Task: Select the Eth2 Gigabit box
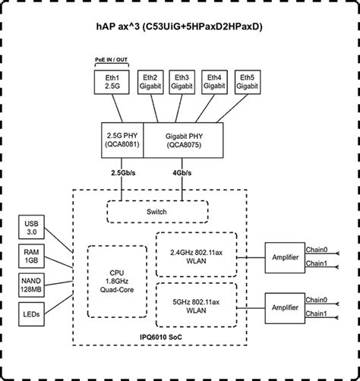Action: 150,83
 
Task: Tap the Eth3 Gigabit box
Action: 182,83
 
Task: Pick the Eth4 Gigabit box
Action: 214,83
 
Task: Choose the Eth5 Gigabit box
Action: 246,83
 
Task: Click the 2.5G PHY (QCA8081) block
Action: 122,139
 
